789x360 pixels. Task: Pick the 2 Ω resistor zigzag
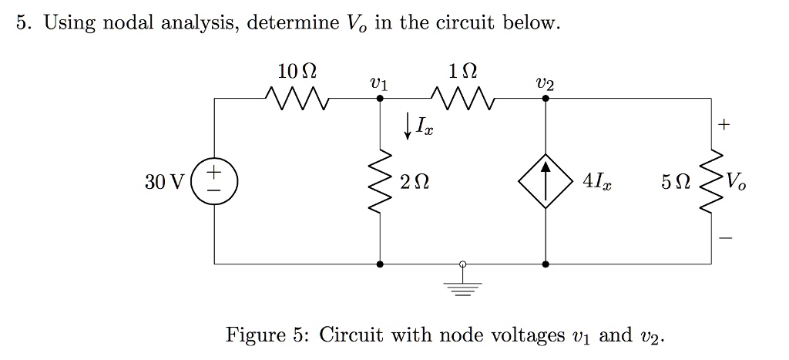[x=381, y=182]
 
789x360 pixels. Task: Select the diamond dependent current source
[x=546, y=182]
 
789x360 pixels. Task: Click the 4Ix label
[x=598, y=183]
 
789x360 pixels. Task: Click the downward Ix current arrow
[x=408, y=124]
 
